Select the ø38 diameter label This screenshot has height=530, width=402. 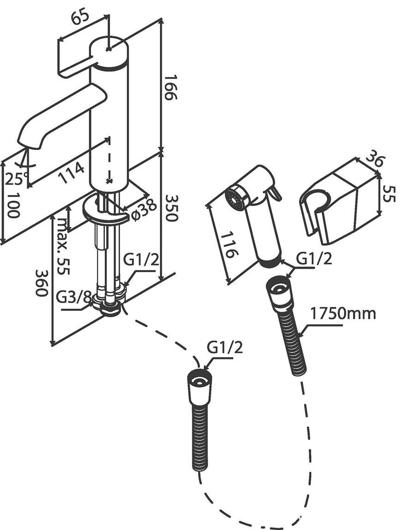click(x=142, y=210)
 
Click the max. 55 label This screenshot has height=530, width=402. click(x=62, y=246)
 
